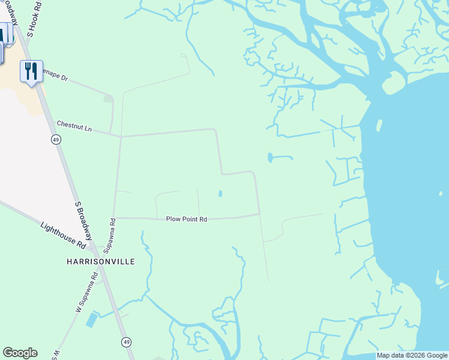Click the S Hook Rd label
pos(32,20)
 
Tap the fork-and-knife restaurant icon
pos(31,71)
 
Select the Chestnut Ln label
pos(74,126)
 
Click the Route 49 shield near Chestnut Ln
pos(55,140)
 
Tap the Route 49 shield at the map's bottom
pos(126,342)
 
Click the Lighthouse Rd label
pos(63,235)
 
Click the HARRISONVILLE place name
pos(100,262)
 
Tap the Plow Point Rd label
pos(186,220)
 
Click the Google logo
pos(20,353)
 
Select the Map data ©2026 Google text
pos(412,355)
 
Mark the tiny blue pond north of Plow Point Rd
pos(220,193)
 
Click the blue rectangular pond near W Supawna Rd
pos(92,320)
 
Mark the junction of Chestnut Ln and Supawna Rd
pos(121,137)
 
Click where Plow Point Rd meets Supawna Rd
pos(114,218)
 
